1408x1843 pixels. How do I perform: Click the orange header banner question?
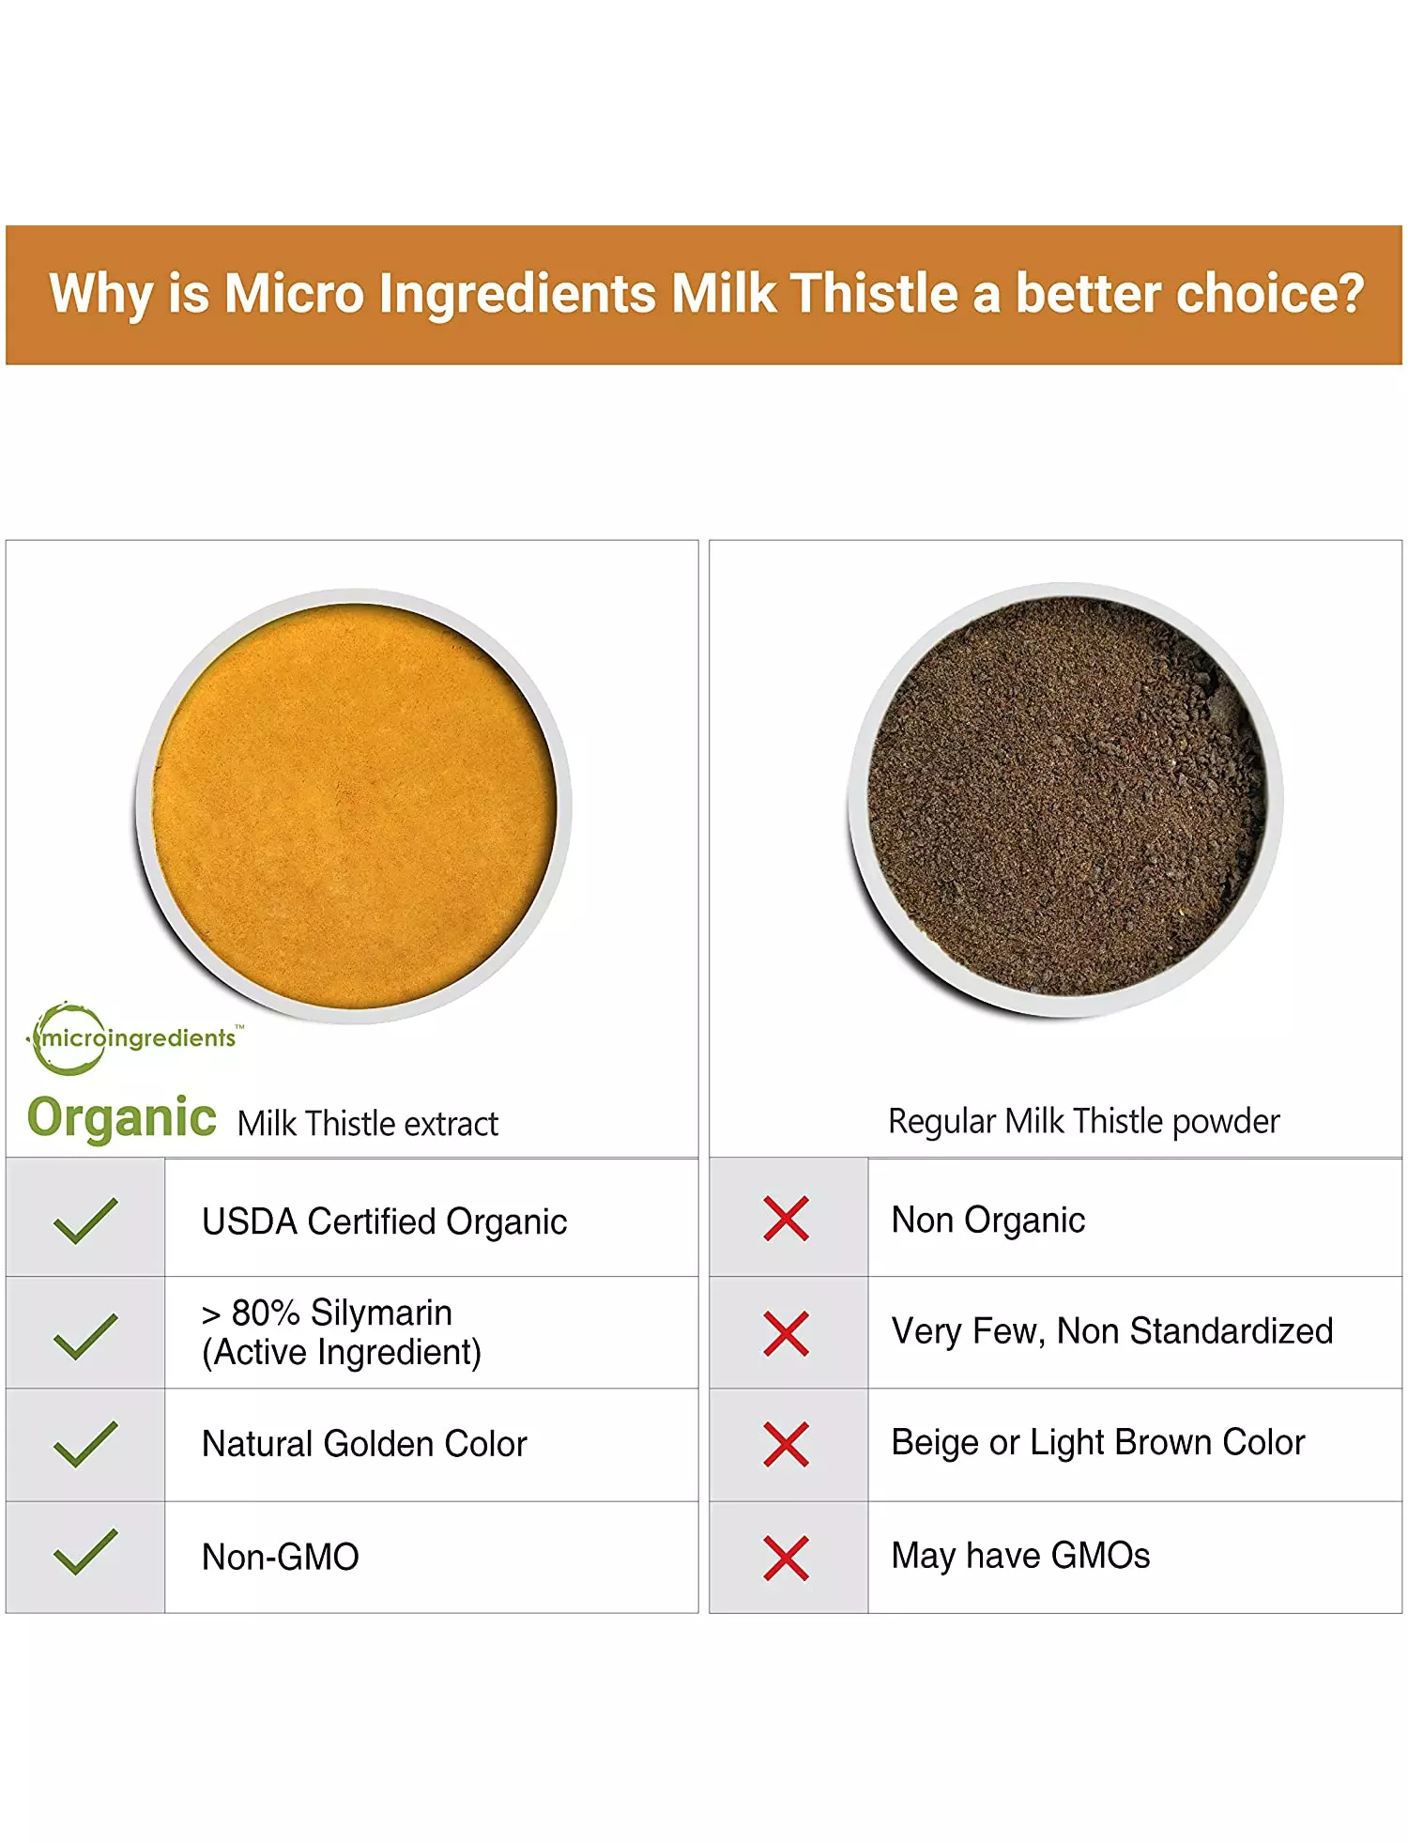click(x=706, y=293)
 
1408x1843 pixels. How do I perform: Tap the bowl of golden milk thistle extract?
click(x=354, y=806)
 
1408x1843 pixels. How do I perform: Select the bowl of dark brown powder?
click(x=1065, y=800)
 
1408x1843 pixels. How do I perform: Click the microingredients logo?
click(x=134, y=1037)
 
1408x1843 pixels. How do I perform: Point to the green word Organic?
click(x=122, y=1118)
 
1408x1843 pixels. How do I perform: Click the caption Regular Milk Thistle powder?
click(x=1084, y=1121)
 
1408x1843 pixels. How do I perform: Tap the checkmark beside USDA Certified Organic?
click(x=85, y=1221)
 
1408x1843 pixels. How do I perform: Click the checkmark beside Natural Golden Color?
click(x=85, y=1444)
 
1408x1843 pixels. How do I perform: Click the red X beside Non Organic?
click(x=787, y=1219)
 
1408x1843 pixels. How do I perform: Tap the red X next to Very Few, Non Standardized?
click(x=787, y=1333)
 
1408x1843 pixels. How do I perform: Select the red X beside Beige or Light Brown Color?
click(x=787, y=1444)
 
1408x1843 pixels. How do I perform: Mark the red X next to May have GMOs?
click(x=787, y=1558)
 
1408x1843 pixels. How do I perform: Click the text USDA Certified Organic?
click(x=385, y=1221)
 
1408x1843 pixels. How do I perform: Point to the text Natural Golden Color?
click(x=365, y=1444)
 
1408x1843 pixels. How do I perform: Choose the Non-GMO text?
click(x=281, y=1557)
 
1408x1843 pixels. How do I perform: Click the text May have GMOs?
click(x=1020, y=1556)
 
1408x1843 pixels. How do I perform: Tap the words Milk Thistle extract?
click(x=368, y=1123)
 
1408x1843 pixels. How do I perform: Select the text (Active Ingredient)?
click(x=342, y=1353)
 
